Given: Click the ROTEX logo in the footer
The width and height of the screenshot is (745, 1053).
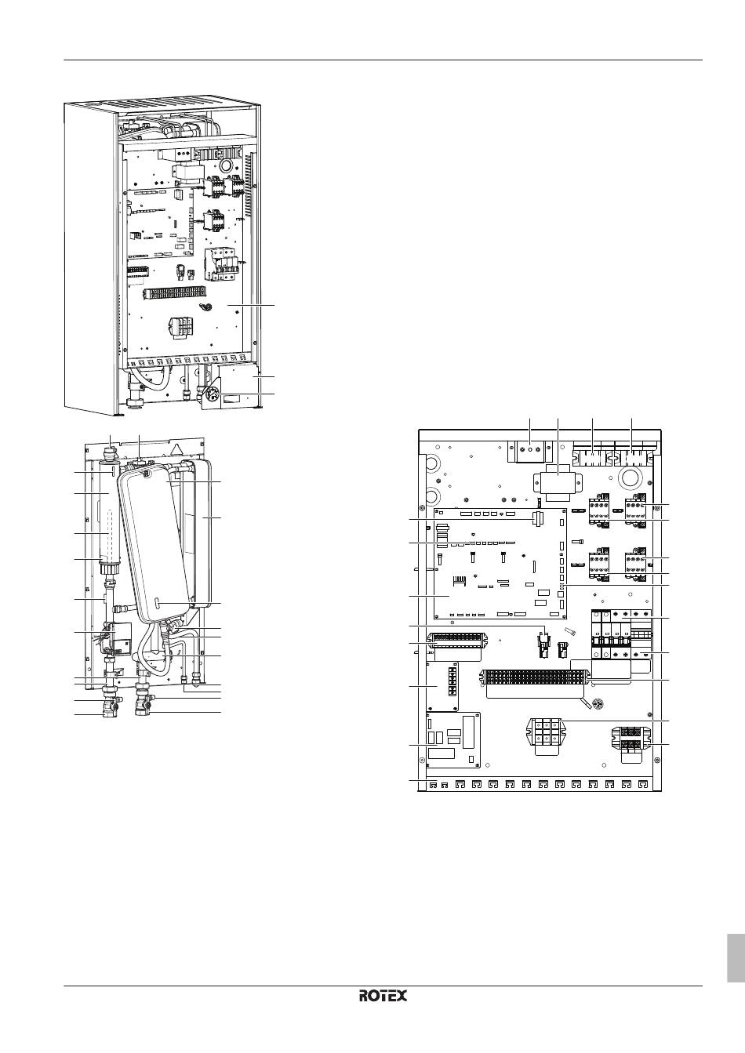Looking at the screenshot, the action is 383,995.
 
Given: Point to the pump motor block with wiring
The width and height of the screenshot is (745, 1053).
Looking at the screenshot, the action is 120,636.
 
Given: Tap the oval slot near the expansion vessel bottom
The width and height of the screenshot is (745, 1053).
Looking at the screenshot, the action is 161,603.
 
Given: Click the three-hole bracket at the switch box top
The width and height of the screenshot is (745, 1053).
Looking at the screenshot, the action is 530,449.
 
